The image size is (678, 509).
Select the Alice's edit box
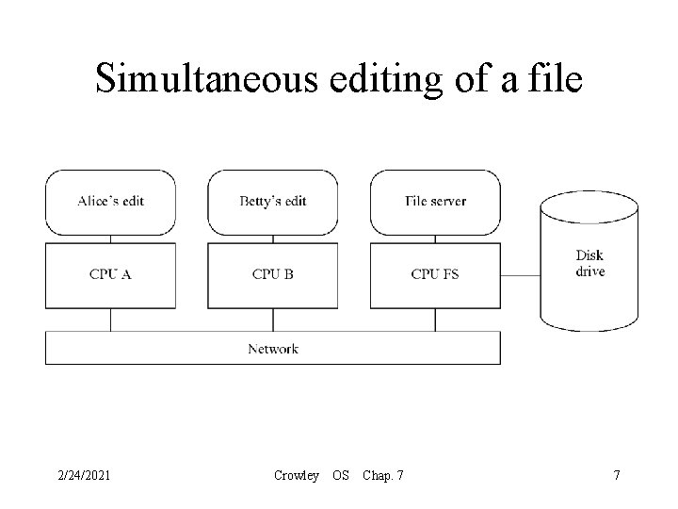111,202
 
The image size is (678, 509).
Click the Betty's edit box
273,202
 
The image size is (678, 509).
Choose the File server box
435,202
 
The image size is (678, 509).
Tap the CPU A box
111,274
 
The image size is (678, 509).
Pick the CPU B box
273,274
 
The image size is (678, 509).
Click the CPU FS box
435,274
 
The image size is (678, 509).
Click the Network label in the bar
273,349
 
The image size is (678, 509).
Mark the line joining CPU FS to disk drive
521,275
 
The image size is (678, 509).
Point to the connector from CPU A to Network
111,321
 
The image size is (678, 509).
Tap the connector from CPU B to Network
273,321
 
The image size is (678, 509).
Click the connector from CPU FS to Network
435,321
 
